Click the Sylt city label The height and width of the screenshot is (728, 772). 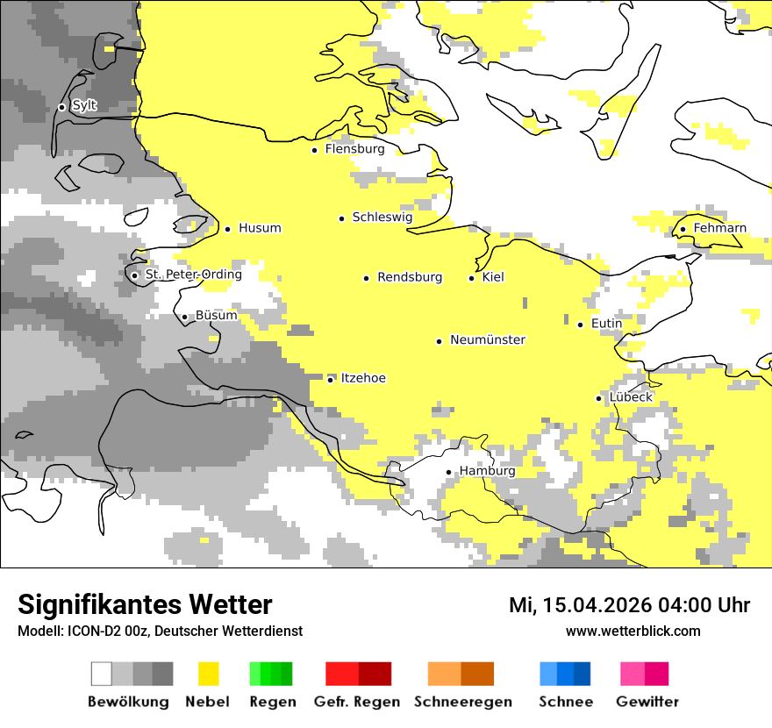click(x=84, y=106)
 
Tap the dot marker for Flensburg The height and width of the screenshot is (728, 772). click(x=314, y=150)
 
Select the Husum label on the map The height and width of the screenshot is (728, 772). click(x=260, y=228)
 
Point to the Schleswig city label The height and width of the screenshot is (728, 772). click(x=382, y=217)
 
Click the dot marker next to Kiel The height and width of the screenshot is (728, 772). click(x=472, y=278)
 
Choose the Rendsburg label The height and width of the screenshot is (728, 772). click(x=409, y=277)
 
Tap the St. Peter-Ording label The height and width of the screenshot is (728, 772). click(x=193, y=275)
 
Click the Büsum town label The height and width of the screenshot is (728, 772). click(x=216, y=315)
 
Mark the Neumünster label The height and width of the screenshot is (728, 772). click(x=487, y=339)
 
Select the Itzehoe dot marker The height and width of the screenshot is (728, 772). click(x=330, y=379)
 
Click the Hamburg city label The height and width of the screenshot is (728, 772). click(x=487, y=471)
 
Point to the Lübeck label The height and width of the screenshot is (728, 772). click(x=630, y=397)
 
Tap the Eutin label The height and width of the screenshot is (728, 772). click(x=606, y=324)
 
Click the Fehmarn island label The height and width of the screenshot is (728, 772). click(x=719, y=228)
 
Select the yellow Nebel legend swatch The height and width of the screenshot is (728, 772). click(x=208, y=674)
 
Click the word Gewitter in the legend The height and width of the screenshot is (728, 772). click(x=647, y=702)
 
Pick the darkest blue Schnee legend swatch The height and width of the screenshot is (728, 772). click(x=583, y=674)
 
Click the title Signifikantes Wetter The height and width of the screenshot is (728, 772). click(x=145, y=604)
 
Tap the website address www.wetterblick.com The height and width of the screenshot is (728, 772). click(x=633, y=632)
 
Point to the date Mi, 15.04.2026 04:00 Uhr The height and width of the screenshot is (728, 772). click(x=629, y=605)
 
